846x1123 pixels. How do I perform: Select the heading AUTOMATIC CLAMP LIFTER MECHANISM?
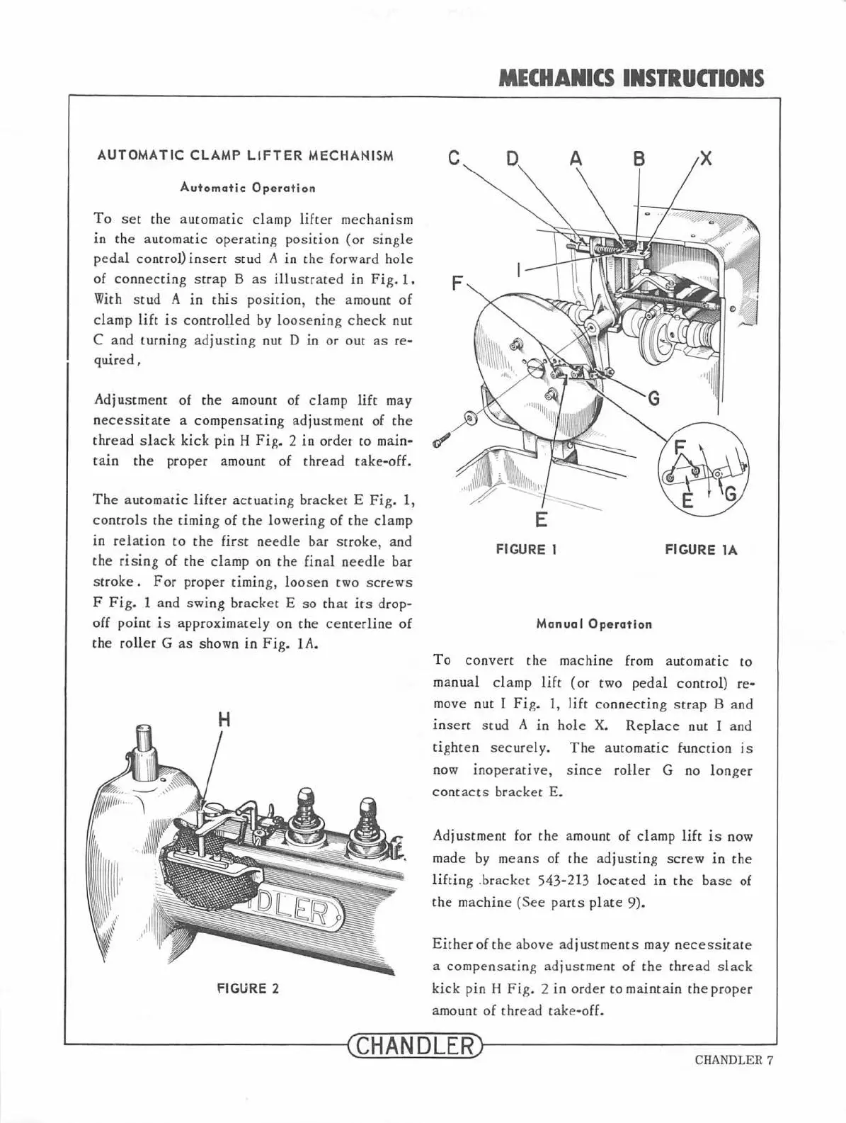245,156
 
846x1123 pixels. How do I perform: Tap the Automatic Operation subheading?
247,188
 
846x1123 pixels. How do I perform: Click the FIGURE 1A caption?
701,550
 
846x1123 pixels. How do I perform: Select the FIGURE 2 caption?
247,988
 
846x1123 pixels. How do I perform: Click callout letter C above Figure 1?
455,159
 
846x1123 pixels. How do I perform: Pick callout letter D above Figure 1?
513,159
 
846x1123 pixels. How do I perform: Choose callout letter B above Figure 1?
639,159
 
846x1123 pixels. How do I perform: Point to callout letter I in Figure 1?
519,270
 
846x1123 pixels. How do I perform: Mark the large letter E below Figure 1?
541,520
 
